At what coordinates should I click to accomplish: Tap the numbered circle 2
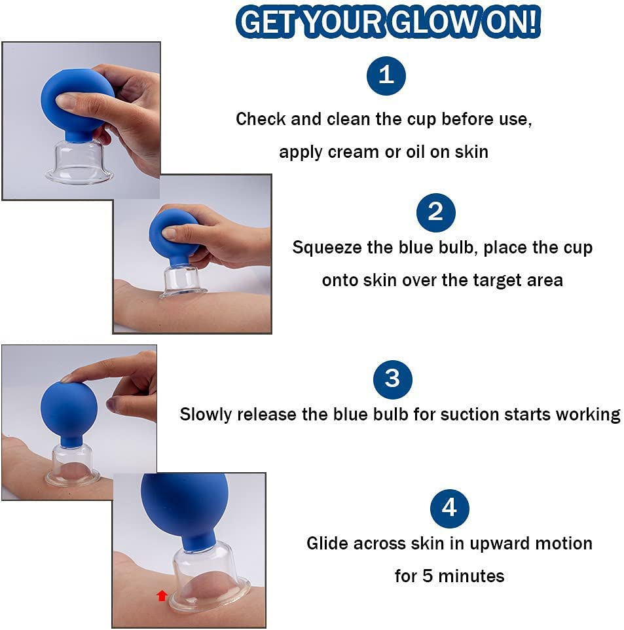tap(435, 212)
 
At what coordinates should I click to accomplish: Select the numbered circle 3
tap(392, 379)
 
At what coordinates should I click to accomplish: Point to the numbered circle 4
tap(449, 508)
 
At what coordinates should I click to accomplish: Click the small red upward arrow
tap(162, 595)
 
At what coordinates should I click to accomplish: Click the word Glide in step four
tap(328, 544)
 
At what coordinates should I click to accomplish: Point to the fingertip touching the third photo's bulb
tap(66, 379)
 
